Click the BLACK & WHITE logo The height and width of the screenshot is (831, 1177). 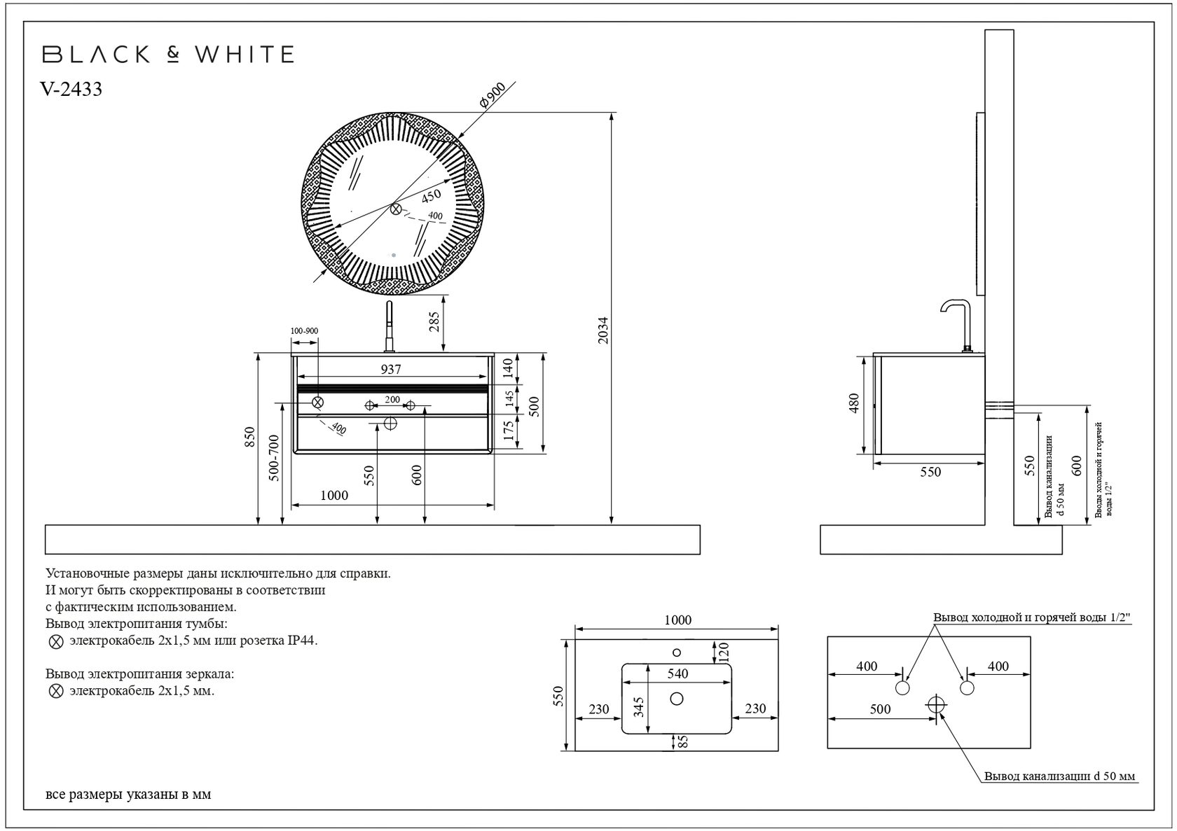pyautogui.click(x=168, y=55)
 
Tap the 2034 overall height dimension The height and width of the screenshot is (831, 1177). pyautogui.click(x=603, y=330)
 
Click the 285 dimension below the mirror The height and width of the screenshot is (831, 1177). pyautogui.click(x=434, y=322)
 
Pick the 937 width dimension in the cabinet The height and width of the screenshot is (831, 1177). pyautogui.click(x=391, y=369)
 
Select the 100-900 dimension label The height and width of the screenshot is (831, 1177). pyautogui.click(x=305, y=330)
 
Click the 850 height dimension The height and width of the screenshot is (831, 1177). pyautogui.click(x=250, y=438)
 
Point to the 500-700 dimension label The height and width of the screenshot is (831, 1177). pyautogui.click(x=274, y=458)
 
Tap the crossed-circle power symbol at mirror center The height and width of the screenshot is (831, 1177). pyautogui.click(x=396, y=209)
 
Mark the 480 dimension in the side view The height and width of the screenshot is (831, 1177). pyautogui.click(x=853, y=403)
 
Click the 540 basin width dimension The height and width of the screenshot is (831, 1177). pyautogui.click(x=677, y=673)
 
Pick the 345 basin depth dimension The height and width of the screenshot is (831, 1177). pyautogui.click(x=638, y=707)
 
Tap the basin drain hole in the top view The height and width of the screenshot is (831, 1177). pyautogui.click(x=677, y=699)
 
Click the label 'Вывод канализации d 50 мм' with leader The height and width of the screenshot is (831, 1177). pyautogui.click(x=1059, y=776)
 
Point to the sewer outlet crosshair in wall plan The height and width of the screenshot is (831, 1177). pyautogui.click(x=937, y=704)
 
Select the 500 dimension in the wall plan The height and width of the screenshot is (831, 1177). pyautogui.click(x=880, y=709)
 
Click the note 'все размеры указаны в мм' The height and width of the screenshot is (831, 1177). pyautogui.click(x=128, y=795)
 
